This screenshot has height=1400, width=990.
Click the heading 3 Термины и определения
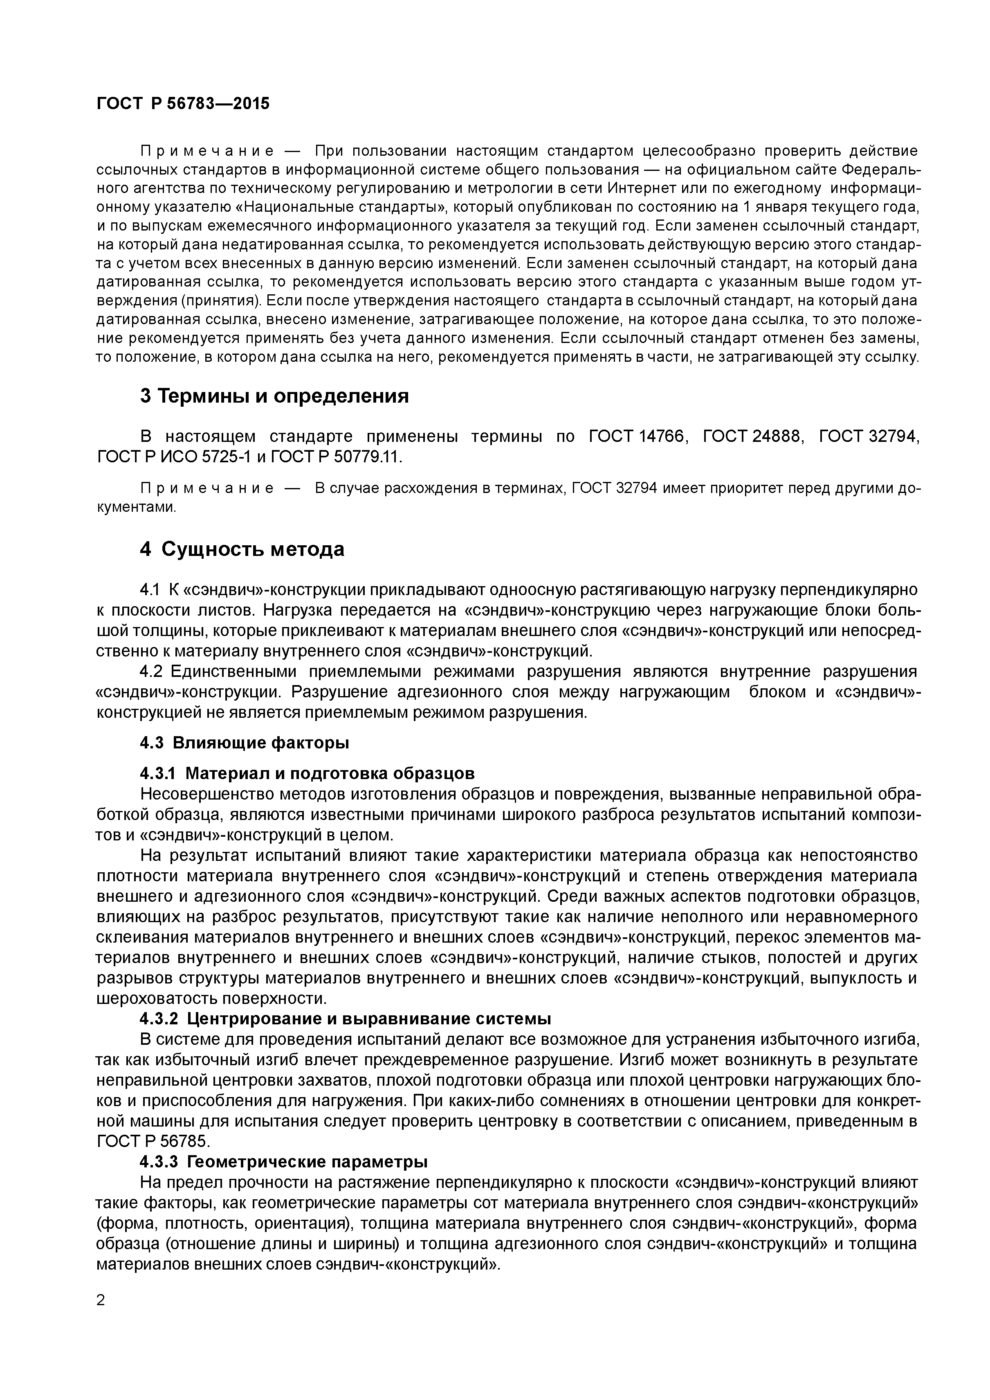pos(274,396)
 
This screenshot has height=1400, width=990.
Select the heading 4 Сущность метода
pos(242,549)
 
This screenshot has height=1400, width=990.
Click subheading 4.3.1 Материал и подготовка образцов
pos(307,773)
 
